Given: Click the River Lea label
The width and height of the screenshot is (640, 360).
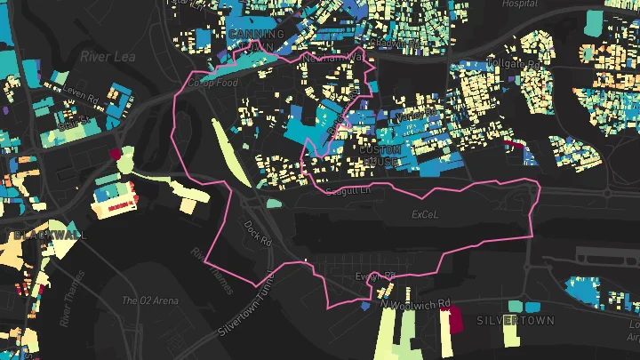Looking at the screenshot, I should tap(107, 55).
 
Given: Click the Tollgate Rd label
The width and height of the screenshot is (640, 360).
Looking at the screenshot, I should tap(515, 65).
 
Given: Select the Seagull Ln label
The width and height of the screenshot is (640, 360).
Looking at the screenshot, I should tap(347, 191).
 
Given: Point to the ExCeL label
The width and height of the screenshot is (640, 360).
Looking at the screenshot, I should tap(426, 215).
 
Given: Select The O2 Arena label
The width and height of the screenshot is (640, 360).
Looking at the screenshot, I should tap(148, 300).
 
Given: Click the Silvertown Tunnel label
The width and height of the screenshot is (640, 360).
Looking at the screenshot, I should tap(250, 307).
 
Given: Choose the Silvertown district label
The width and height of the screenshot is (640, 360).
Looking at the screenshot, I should tap(516, 320).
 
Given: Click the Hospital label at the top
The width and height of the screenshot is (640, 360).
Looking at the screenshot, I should tap(520, 4).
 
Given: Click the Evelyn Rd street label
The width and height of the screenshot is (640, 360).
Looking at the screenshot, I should tap(374, 277).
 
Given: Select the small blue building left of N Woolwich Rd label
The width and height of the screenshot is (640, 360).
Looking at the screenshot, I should tap(366, 305).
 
